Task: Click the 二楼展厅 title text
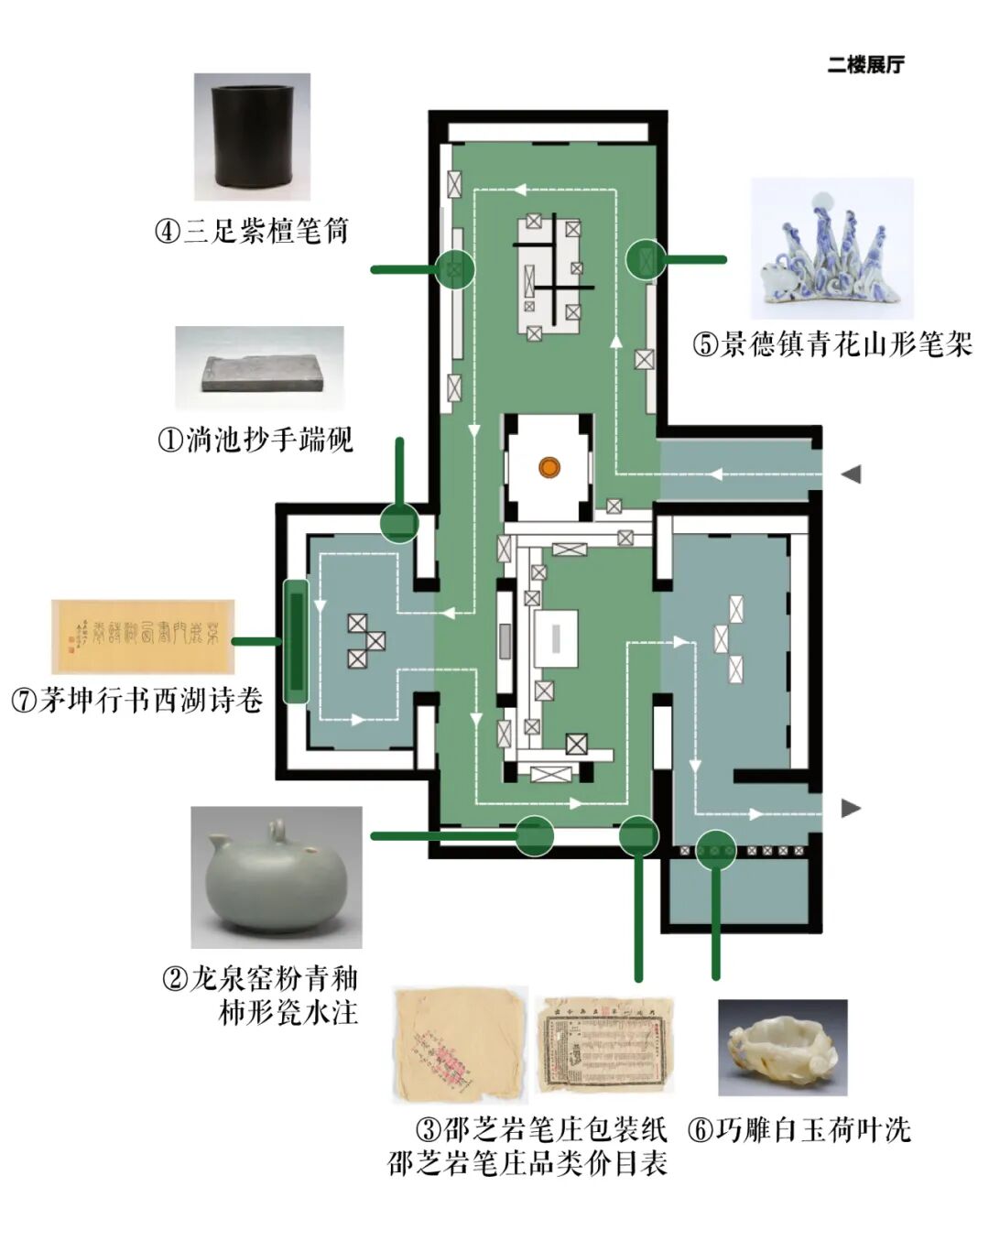864,65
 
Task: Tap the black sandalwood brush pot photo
252,136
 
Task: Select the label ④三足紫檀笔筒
252,231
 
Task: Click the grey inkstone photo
260,368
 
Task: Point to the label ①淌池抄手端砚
255,441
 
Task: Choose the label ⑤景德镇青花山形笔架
831,345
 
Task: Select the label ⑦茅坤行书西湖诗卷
137,702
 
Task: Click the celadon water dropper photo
276,876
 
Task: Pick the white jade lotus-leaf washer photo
782,1047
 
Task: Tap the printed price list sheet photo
604,1045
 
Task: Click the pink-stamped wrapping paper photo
460,1044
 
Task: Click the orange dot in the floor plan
549,468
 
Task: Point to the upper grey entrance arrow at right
852,474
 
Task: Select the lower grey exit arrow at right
852,808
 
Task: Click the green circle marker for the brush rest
647,259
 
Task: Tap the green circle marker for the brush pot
454,269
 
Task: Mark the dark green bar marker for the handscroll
295,641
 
